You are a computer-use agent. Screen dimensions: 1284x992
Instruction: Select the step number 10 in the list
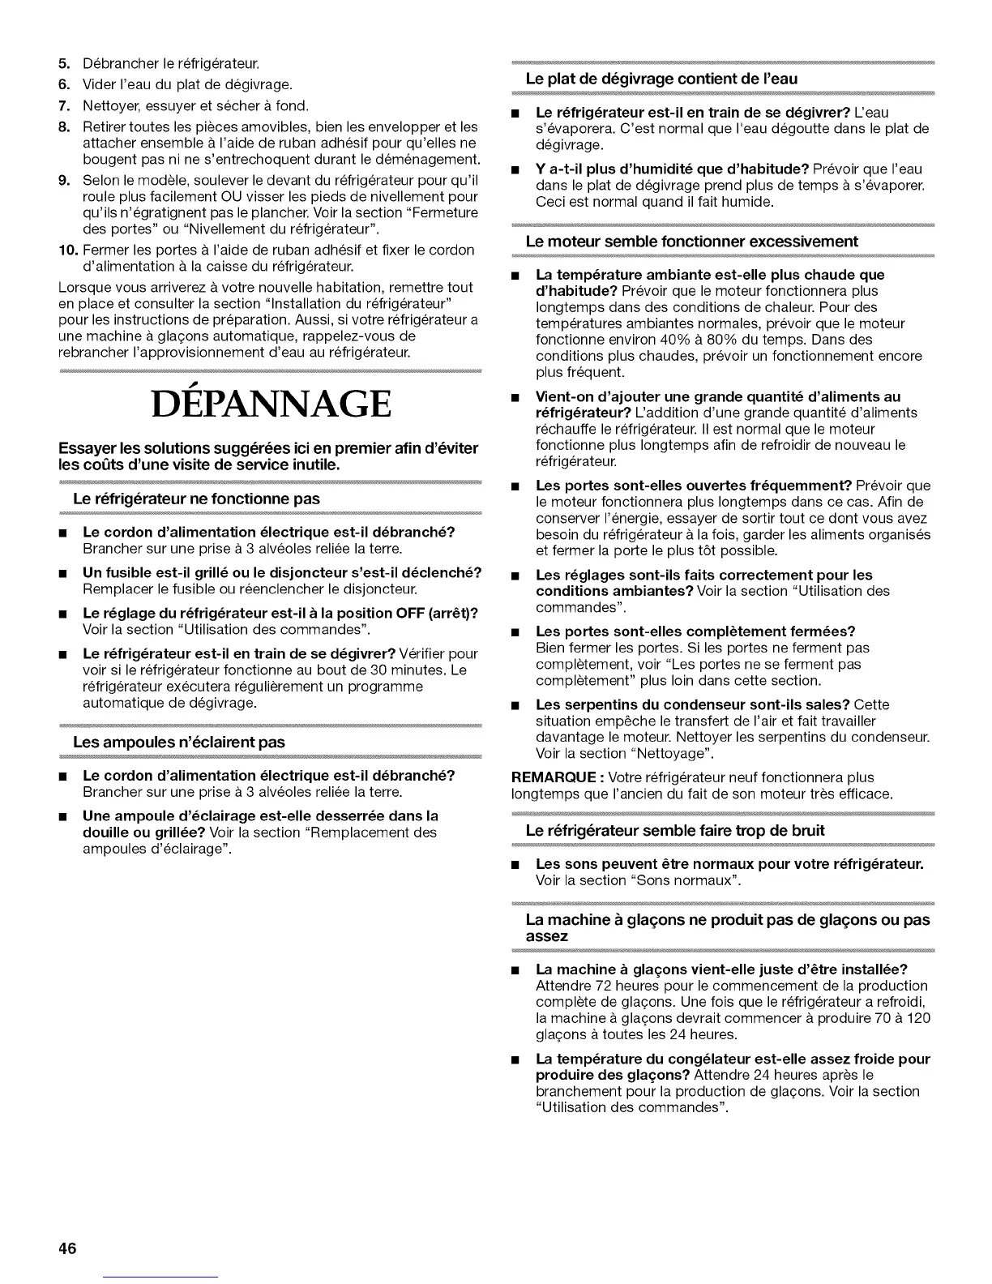coord(66,250)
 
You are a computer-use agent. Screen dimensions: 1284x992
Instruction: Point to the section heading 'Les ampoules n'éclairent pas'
coord(179,742)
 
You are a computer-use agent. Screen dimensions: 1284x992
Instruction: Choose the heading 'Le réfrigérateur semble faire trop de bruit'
coord(675,830)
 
